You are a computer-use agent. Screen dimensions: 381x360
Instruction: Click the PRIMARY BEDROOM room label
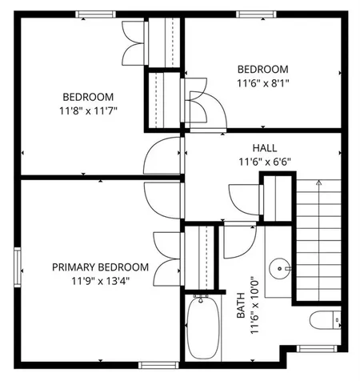100,267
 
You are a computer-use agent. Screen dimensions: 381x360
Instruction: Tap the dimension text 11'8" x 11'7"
88,110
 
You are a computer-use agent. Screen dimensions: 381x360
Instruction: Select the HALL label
265,147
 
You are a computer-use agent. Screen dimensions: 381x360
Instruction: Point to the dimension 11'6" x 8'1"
263,82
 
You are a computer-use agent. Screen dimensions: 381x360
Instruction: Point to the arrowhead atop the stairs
319,182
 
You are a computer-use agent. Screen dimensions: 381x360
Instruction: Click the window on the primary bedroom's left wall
16,267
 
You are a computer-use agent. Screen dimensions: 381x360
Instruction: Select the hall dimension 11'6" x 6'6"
265,160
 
